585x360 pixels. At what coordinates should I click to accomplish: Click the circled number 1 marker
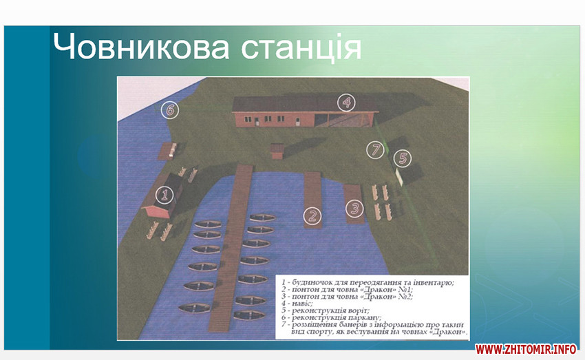click(x=164, y=195)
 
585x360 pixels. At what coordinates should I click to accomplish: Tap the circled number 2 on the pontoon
click(x=312, y=216)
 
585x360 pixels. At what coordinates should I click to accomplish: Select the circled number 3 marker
click(x=354, y=208)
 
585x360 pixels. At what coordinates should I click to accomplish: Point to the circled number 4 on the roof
click(x=346, y=102)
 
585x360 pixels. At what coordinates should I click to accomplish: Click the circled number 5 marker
click(x=403, y=158)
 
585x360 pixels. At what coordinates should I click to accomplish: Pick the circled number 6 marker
click(x=170, y=110)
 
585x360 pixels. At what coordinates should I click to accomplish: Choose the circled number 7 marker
click(x=375, y=150)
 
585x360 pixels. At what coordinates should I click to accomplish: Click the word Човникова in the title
click(x=140, y=46)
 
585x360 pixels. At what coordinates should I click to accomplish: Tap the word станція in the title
click(x=301, y=48)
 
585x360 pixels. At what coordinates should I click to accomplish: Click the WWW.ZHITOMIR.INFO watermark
click(x=526, y=349)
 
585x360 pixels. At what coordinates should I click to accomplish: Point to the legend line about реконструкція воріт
click(x=326, y=310)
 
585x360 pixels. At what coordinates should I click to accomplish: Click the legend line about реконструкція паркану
click(x=331, y=318)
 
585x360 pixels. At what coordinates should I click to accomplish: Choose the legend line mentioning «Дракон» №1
click(x=347, y=290)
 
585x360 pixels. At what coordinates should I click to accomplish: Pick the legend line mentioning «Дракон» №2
click(x=347, y=297)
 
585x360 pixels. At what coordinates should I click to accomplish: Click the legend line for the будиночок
click(x=368, y=282)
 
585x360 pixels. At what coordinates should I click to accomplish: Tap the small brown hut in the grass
click(x=277, y=151)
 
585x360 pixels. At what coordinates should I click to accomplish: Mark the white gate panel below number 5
click(x=399, y=177)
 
